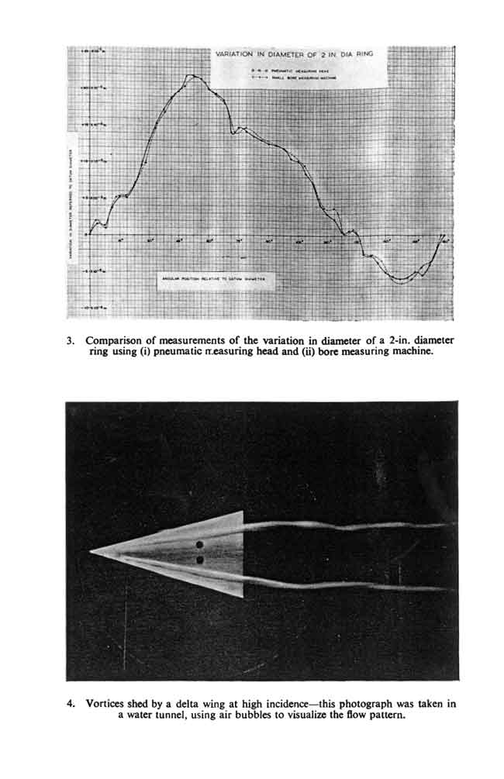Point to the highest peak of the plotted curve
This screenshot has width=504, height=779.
tap(192, 76)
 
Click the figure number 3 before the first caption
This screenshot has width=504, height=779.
tap(71, 340)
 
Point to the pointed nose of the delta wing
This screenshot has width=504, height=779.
tap(91, 551)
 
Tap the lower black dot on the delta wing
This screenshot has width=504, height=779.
tap(200, 559)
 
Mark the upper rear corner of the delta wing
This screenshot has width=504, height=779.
tap(243, 512)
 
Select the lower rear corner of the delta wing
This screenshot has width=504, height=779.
tap(243, 596)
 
